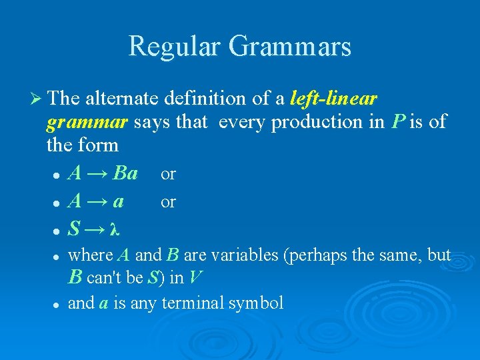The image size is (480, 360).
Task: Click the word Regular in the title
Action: click(174, 47)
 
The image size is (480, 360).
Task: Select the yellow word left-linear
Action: click(334, 99)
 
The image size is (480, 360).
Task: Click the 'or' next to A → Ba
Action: click(168, 175)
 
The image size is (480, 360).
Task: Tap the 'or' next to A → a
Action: click(168, 201)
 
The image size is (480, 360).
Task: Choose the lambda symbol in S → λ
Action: click(115, 230)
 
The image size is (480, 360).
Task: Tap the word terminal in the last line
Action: click(194, 303)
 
